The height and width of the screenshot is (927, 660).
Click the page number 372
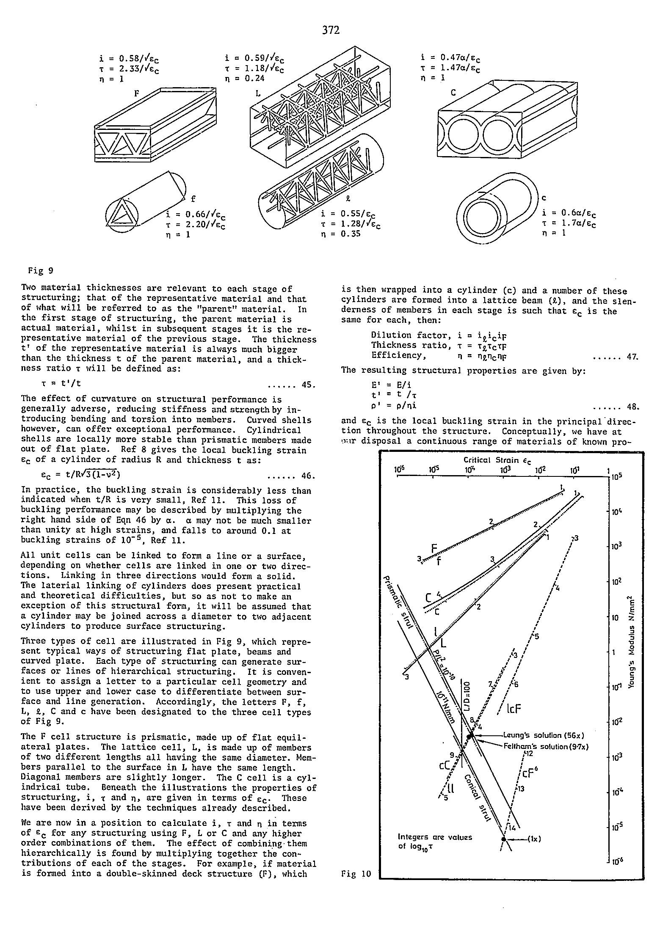(x=331, y=30)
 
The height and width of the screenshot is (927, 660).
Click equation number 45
(x=308, y=385)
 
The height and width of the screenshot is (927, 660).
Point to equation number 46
(x=308, y=476)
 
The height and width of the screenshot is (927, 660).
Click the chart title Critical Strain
(x=497, y=460)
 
